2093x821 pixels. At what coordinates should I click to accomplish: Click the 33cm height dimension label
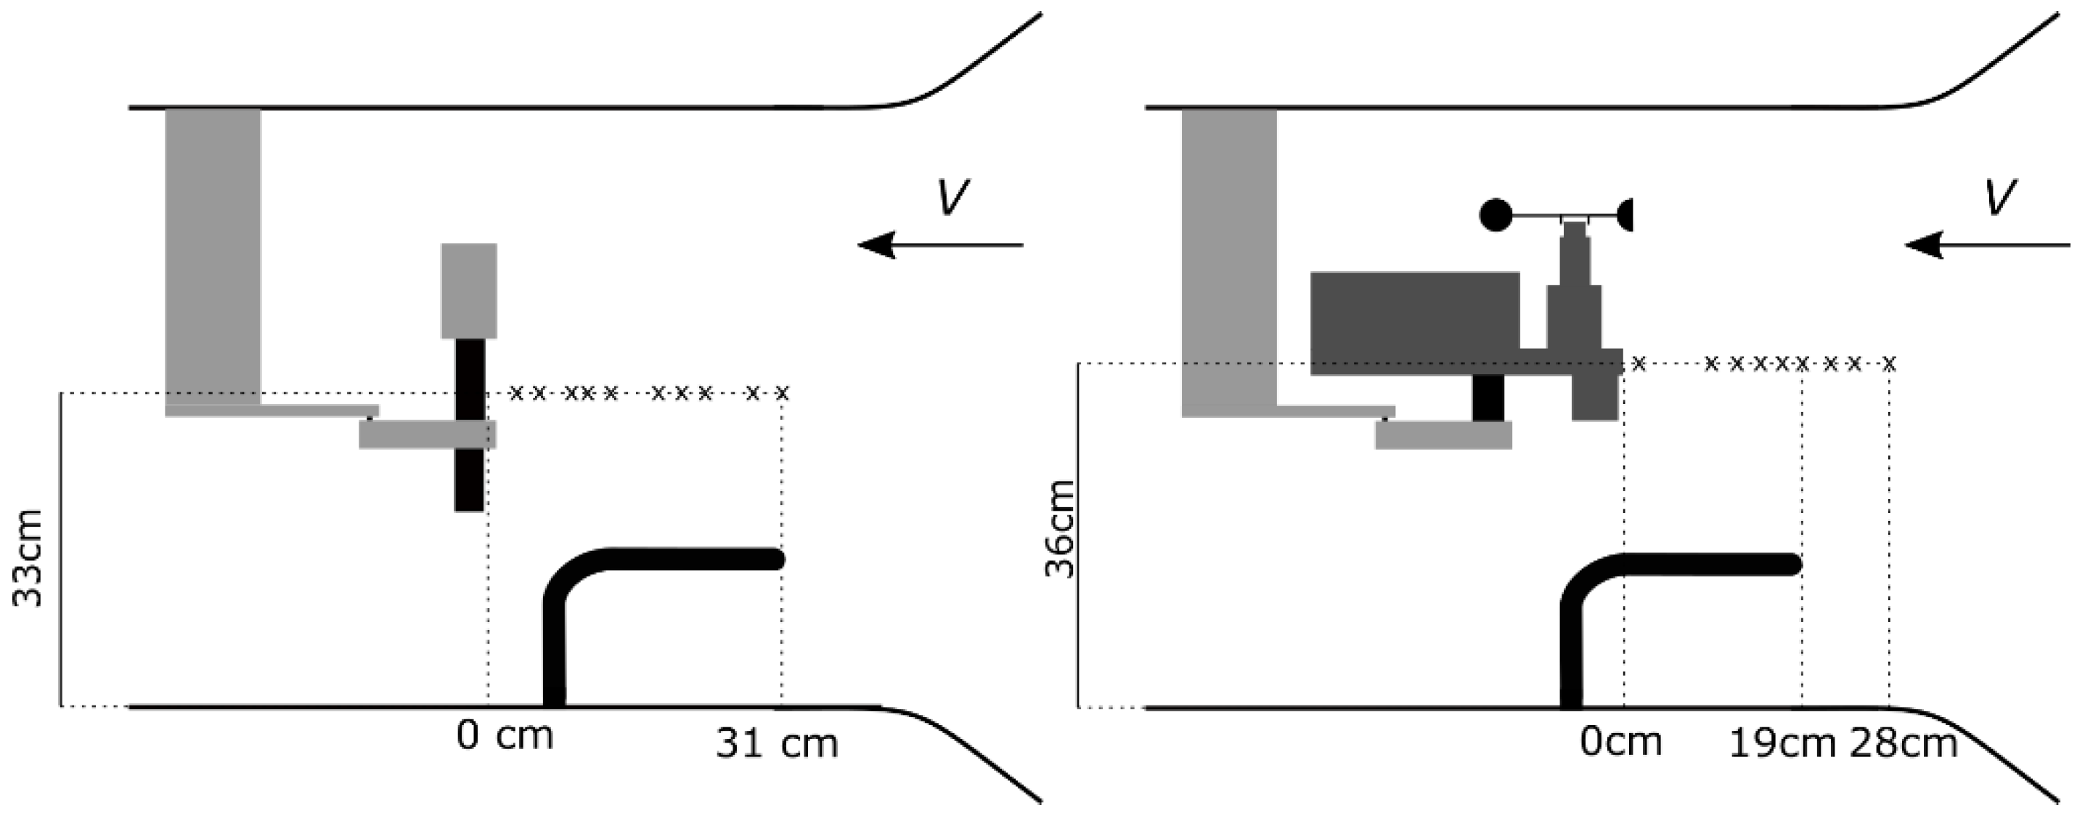(29, 559)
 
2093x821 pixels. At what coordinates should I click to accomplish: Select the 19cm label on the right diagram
(1782, 744)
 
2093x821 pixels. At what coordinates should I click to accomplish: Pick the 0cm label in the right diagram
(1621, 741)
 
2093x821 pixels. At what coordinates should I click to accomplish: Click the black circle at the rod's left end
(1496, 215)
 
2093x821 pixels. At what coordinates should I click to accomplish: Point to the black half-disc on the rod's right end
(1625, 215)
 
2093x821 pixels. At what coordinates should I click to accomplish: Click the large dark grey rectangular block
(1414, 323)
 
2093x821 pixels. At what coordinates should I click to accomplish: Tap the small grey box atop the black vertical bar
(469, 290)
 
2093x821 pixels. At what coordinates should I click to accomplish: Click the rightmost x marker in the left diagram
(783, 395)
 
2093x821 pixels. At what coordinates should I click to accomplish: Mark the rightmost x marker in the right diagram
(1890, 363)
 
